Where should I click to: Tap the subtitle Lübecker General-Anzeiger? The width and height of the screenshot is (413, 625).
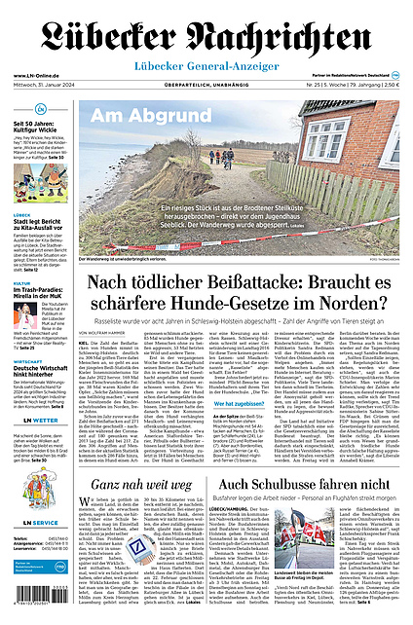(x=206, y=65)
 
